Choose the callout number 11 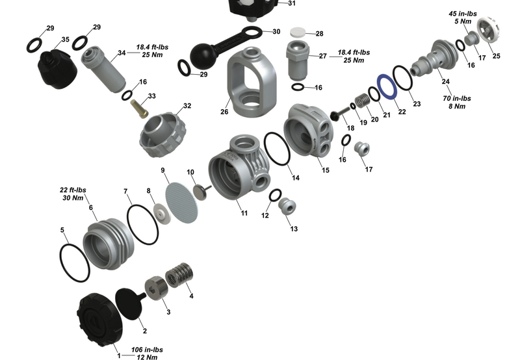[x=244, y=212]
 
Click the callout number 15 [x=325, y=170]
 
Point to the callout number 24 [x=445, y=81]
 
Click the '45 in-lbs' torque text [x=462, y=13]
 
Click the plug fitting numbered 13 [x=286, y=209]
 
